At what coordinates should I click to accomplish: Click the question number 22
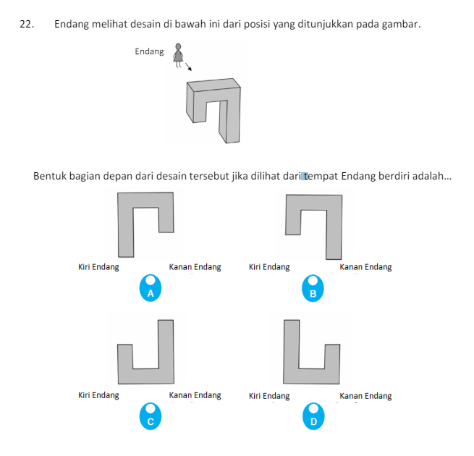point(27,25)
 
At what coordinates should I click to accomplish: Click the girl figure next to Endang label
point(178,55)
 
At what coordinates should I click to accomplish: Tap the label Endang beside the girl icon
point(149,52)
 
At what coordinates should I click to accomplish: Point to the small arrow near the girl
point(189,68)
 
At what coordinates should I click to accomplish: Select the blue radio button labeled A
point(151,288)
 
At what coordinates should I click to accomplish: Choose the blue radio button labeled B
point(313,288)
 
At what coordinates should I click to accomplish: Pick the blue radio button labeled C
point(151,415)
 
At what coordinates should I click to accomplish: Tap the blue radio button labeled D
point(313,415)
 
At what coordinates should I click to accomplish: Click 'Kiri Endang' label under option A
point(98,267)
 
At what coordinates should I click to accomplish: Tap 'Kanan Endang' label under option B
point(365,267)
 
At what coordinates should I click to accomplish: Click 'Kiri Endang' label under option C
point(98,396)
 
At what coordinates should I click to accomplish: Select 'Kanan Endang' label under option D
point(365,396)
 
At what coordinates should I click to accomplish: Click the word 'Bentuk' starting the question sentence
point(48,176)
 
